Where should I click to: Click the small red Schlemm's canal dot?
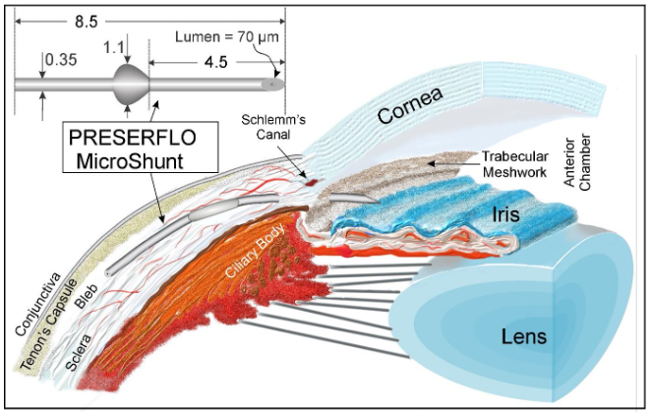[306, 183]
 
